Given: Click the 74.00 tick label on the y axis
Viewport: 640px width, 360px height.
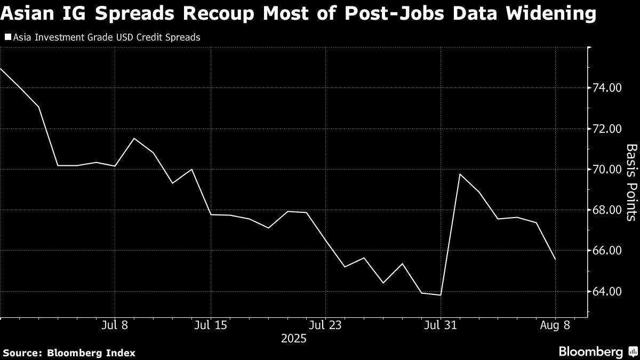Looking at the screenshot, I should [x=607, y=88].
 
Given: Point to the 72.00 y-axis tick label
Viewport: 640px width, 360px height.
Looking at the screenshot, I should [x=607, y=129].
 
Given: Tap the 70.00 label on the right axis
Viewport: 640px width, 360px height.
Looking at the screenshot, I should [x=607, y=170].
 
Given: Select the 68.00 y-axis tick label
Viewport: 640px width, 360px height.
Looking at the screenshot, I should [x=607, y=210].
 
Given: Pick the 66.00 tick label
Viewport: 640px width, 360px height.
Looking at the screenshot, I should [x=607, y=251].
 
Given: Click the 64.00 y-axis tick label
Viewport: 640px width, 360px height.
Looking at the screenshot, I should [x=607, y=292].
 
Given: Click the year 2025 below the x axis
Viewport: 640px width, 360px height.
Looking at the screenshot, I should [x=293, y=338].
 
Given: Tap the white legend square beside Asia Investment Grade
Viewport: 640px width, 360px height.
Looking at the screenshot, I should [x=7, y=37].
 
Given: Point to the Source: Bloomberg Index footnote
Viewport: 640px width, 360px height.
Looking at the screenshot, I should [x=69, y=353].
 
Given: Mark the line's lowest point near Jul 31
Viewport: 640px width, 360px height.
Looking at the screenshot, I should [x=441, y=295].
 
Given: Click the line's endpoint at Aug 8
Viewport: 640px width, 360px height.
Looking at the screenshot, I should [x=555, y=259].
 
